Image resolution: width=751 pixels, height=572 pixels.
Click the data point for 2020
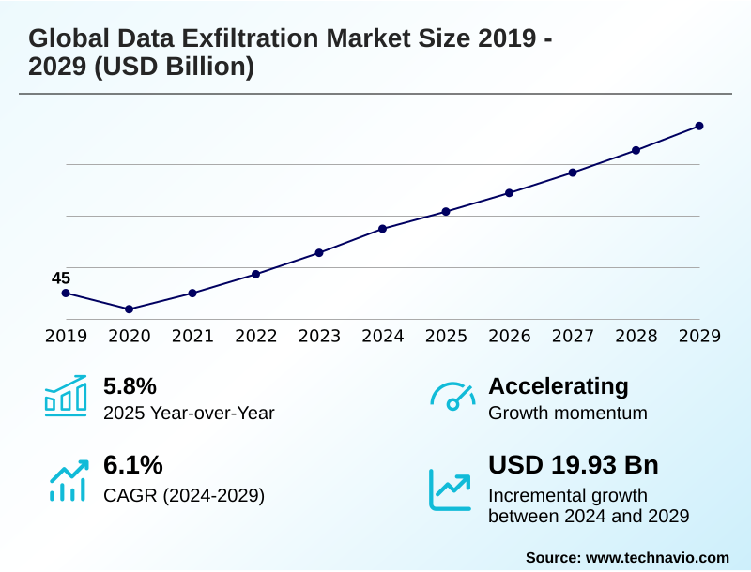[129, 309]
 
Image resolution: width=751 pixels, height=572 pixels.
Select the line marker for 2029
[699, 126]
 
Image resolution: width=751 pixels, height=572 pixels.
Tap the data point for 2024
[382, 229]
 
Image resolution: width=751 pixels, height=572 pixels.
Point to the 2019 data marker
[66, 293]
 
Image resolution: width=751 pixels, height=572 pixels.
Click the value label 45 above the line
[61, 278]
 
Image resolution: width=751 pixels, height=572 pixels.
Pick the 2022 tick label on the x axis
[255, 337]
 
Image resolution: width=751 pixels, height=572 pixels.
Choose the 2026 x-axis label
[509, 337]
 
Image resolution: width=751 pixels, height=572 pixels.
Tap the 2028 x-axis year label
[636, 337]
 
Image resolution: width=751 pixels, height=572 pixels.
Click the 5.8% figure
[129, 385]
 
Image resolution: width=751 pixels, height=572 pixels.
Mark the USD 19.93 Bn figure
[573, 464]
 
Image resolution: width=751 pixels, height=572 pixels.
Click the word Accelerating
[558, 385]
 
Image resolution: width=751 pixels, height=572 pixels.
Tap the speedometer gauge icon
[452, 396]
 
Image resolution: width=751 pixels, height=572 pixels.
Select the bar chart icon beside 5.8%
[66, 396]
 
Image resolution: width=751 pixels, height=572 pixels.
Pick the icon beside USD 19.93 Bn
[451, 489]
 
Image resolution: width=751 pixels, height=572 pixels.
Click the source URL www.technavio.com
[657, 557]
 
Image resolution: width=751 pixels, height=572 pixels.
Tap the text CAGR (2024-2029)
[183, 495]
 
